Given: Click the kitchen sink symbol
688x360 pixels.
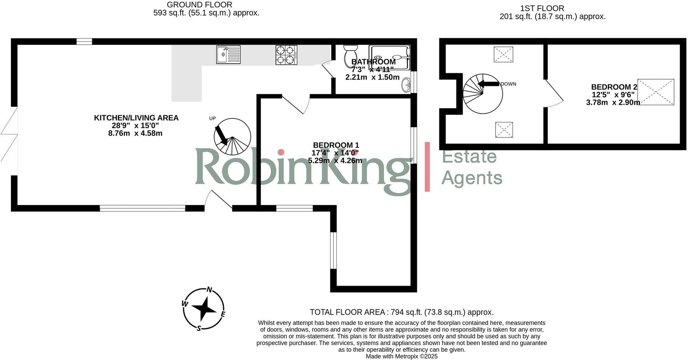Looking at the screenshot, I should tap(228, 54).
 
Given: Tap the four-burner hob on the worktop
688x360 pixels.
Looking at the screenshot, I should tap(286, 55).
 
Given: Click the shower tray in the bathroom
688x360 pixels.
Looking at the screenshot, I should tap(389, 58).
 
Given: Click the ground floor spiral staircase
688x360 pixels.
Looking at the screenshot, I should tap(232, 137).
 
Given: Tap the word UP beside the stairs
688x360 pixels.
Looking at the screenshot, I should tap(212, 119).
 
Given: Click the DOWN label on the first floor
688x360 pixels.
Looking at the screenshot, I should tap(508, 84).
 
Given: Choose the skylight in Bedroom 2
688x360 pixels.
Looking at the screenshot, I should tap(656, 92).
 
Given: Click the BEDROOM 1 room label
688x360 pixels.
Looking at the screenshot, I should tap(336, 146).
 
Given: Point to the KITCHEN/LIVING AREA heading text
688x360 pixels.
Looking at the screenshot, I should tap(136, 118).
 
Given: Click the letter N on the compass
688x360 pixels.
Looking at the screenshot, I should tap(209, 290).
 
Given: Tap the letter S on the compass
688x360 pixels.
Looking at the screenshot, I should tap(198, 328).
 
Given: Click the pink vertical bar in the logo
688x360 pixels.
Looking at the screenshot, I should tap(427, 167).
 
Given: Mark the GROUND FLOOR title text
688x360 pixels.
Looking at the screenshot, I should tap(199, 5).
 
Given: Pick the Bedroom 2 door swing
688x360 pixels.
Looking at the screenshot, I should tap(554, 94).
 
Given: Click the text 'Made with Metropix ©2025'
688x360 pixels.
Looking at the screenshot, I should tap(402, 356).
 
